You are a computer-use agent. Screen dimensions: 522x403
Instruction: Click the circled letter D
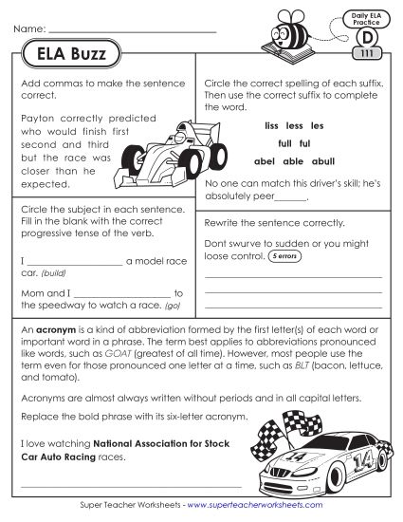pos(364,38)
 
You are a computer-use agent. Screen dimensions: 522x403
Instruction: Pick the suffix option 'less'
pos(293,125)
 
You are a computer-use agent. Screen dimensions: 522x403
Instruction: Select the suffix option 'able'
pos(293,160)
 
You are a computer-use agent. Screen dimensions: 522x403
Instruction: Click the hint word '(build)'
pos(54,271)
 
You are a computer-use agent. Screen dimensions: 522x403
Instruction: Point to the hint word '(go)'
pos(173,306)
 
